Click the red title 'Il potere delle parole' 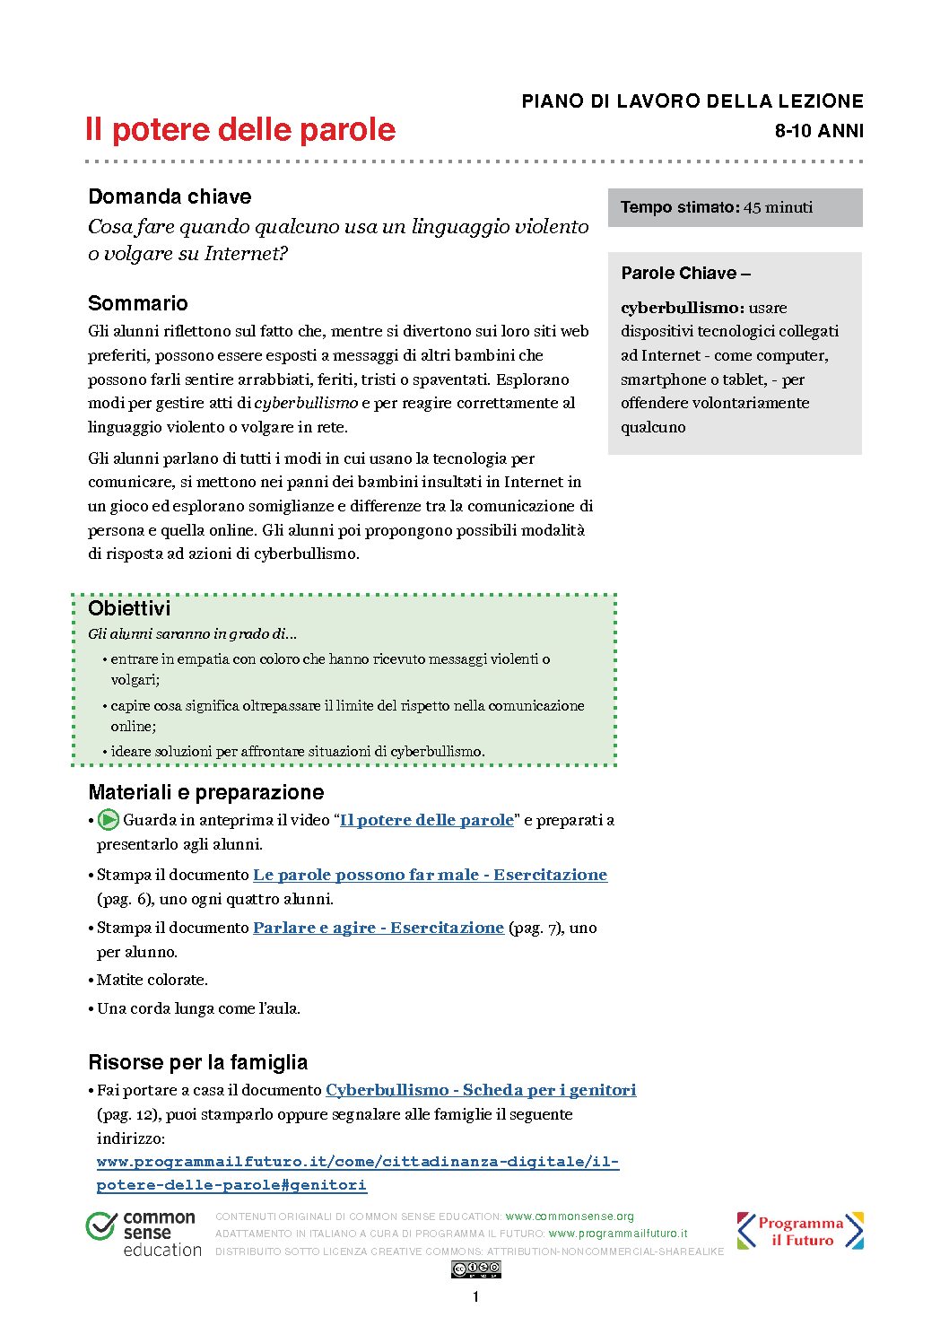(240, 130)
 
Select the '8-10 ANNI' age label (819, 131)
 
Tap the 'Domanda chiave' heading (170, 196)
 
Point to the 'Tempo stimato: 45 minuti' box (735, 207)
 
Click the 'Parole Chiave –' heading (685, 274)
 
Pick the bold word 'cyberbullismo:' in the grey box (682, 308)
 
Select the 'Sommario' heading (138, 303)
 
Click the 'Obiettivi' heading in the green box (129, 608)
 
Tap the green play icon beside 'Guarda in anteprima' (109, 819)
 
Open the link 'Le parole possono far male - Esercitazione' (430, 875)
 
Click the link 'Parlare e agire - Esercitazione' (378, 928)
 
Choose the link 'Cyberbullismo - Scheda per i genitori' (481, 1090)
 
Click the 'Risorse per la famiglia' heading (197, 1062)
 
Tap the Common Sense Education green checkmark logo (100, 1225)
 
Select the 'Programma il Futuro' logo (800, 1231)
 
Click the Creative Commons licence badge (475, 1269)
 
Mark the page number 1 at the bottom (475, 1296)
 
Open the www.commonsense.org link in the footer (570, 1217)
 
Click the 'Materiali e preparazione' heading (206, 792)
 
